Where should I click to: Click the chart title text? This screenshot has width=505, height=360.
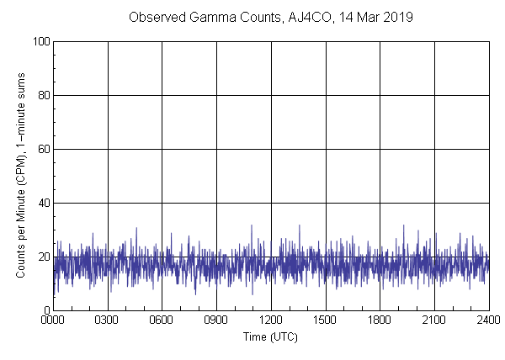[x=270, y=18]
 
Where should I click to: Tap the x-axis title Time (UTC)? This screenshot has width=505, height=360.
[x=270, y=336]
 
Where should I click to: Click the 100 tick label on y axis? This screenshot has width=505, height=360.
[x=40, y=41]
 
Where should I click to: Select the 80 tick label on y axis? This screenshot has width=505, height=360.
[x=42, y=95]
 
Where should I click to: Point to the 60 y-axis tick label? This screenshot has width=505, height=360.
[x=42, y=149]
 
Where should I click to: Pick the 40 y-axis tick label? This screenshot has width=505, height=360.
[x=42, y=203]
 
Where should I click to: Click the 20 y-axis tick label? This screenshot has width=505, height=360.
[x=42, y=257]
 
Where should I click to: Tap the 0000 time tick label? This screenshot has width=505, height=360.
[x=53, y=320]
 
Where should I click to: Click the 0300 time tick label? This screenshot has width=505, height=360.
[x=108, y=320]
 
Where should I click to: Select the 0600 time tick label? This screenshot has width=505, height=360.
[x=162, y=320]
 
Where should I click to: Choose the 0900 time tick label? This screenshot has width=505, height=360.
[x=216, y=320]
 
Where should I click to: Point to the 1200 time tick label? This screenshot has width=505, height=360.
[x=271, y=320]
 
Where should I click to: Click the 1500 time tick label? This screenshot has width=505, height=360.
[x=326, y=320]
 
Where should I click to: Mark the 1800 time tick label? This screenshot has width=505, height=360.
[x=380, y=320]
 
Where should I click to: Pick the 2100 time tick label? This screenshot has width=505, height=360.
[x=434, y=320]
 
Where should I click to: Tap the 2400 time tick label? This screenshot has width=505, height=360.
[x=488, y=320]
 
